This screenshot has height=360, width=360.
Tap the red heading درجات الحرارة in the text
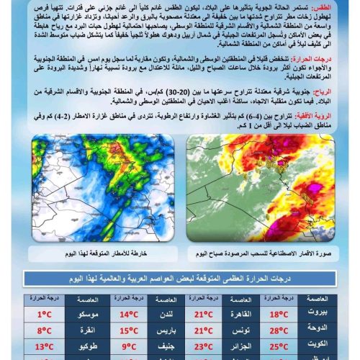pos(312,62)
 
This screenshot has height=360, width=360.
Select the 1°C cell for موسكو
pos(45,314)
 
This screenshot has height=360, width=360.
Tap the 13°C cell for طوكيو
pos(45,347)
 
